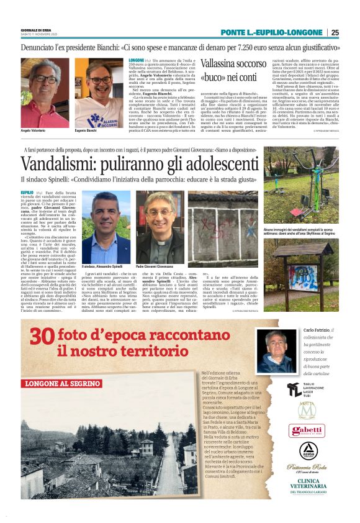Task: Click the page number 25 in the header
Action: tap(335, 32)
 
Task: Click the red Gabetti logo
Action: tap(307, 430)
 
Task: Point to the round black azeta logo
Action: tap(307, 450)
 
